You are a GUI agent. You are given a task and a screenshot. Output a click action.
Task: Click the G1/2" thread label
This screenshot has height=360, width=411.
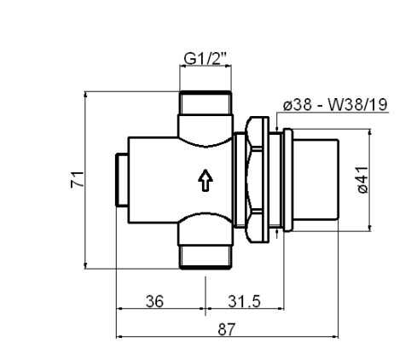click(x=205, y=59)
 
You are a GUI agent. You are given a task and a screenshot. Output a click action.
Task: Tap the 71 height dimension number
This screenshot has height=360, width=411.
click(x=78, y=179)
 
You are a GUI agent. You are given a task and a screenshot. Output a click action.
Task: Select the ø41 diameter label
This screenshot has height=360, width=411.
click(x=363, y=180)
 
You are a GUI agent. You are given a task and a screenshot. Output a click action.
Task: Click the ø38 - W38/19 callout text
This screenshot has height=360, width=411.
click(x=335, y=105)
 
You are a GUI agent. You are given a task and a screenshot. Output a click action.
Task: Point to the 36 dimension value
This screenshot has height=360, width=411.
click(x=155, y=301)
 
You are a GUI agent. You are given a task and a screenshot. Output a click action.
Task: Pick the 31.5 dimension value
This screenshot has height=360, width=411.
click(x=244, y=301)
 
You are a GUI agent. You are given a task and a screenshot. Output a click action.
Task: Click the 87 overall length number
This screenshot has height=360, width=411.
click(x=227, y=329)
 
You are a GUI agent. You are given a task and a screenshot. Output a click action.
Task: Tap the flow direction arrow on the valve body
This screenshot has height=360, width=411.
click(x=205, y=180)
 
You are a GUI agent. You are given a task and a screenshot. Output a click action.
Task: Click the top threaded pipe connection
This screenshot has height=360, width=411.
click(x=205, y=103)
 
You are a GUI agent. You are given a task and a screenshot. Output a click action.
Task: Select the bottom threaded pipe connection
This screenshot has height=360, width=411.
click(x=205, y=257)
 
